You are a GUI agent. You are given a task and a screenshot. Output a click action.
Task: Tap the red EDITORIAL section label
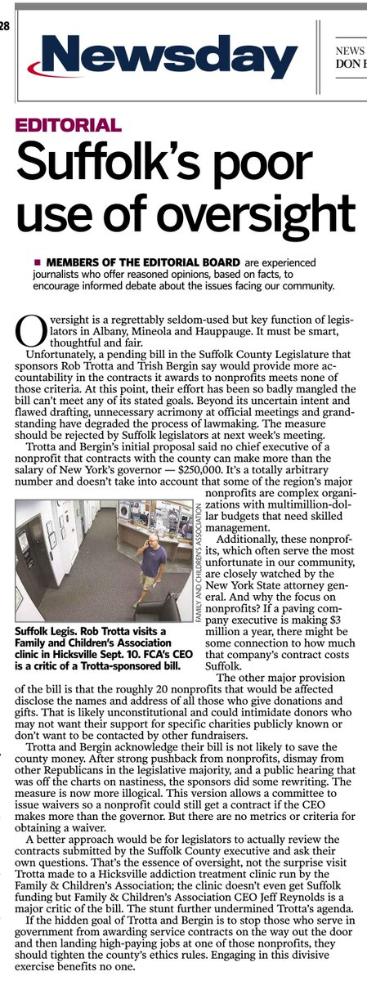point(69,126)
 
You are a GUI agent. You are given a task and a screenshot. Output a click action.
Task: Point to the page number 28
point(4,26)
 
